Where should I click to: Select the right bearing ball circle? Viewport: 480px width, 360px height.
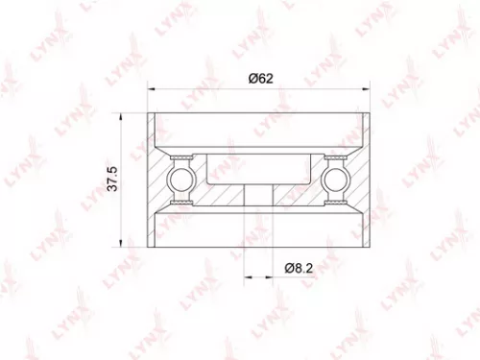339,179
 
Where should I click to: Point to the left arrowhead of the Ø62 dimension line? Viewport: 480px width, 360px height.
151,91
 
